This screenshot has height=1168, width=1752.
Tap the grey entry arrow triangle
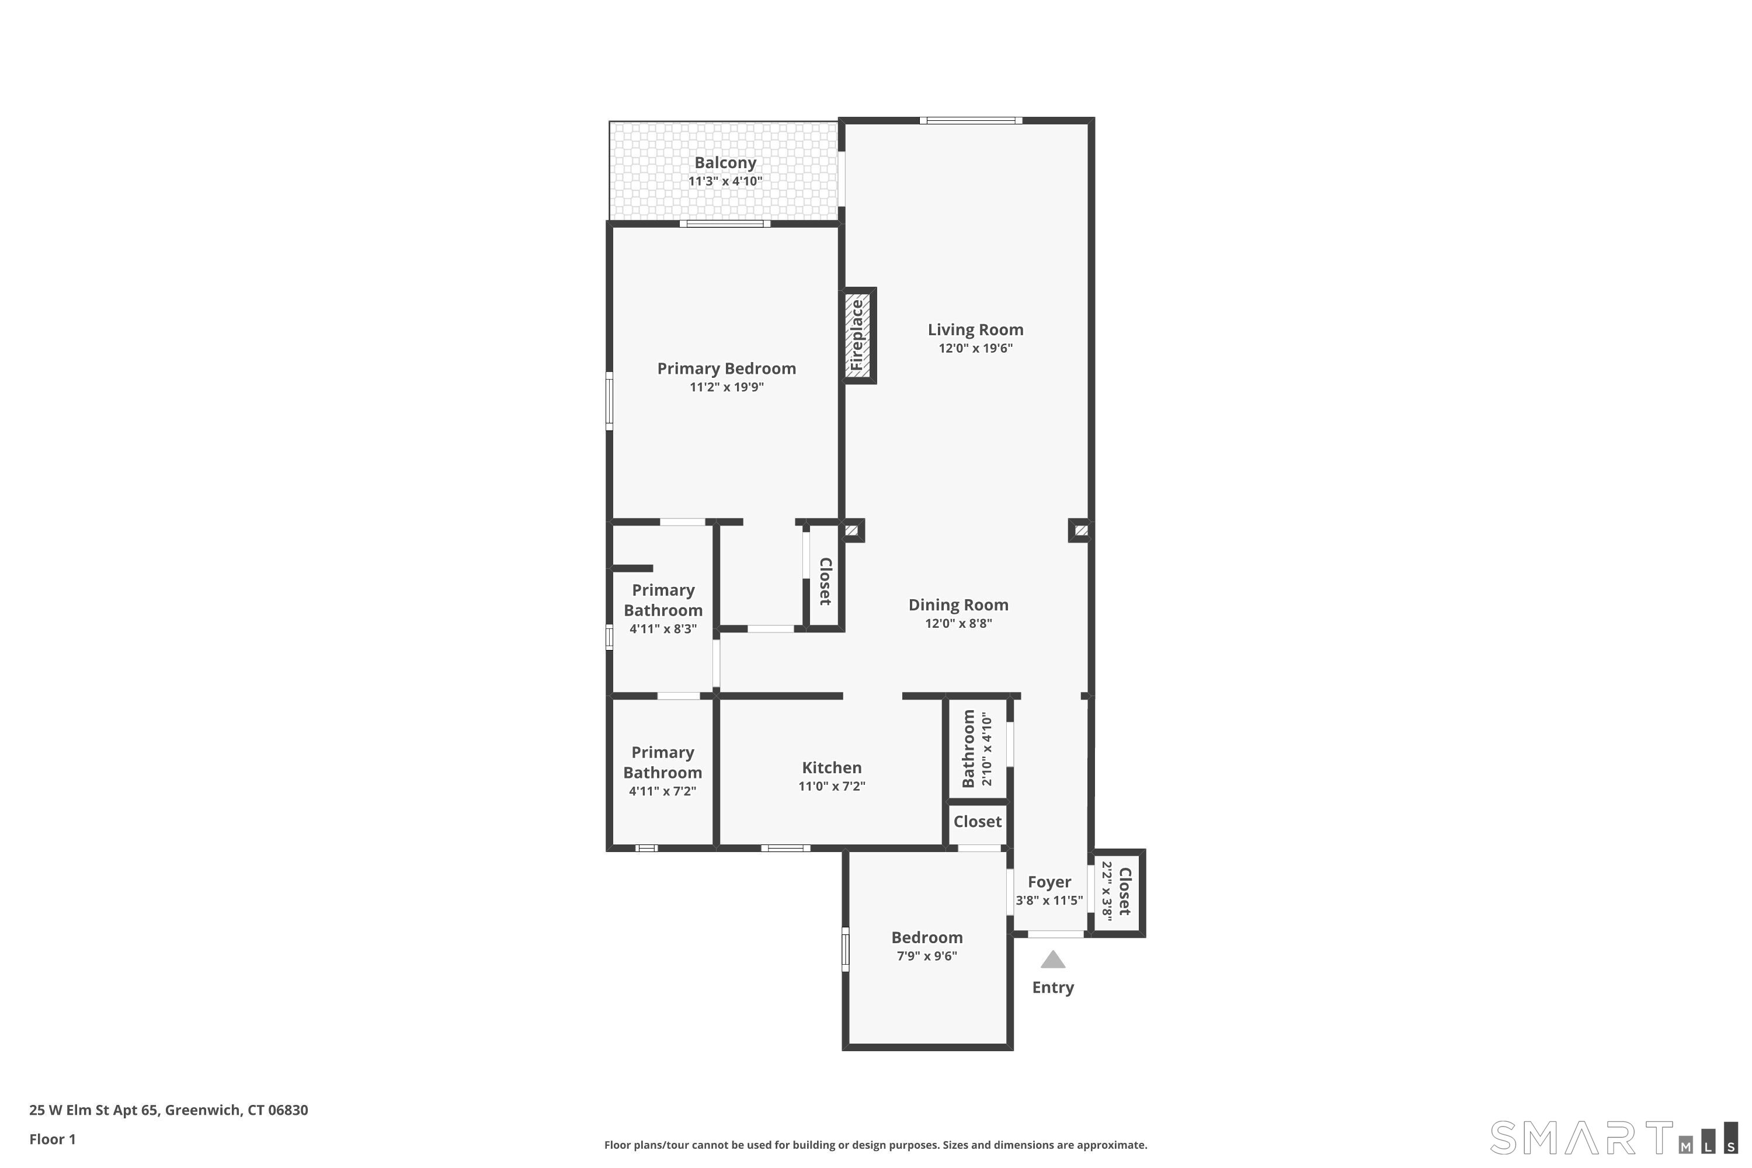(1052, 960)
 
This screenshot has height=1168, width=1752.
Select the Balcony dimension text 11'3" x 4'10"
(725, 181)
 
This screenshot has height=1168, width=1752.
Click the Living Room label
(975, 329)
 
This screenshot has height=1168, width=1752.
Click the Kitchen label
(831, 767)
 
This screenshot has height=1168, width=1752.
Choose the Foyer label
(1049, 882)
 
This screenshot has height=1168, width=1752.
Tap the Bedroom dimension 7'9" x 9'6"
(927, 955)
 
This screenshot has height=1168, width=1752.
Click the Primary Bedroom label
(726, 368)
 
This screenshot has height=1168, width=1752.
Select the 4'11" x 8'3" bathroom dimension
(663, 629)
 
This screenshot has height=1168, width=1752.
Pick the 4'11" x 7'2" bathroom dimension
(662, 791)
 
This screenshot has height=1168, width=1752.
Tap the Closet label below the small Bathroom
(977, 822)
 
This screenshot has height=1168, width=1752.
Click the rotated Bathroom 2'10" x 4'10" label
(976, 748)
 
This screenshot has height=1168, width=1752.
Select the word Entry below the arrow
(1052, 988)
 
